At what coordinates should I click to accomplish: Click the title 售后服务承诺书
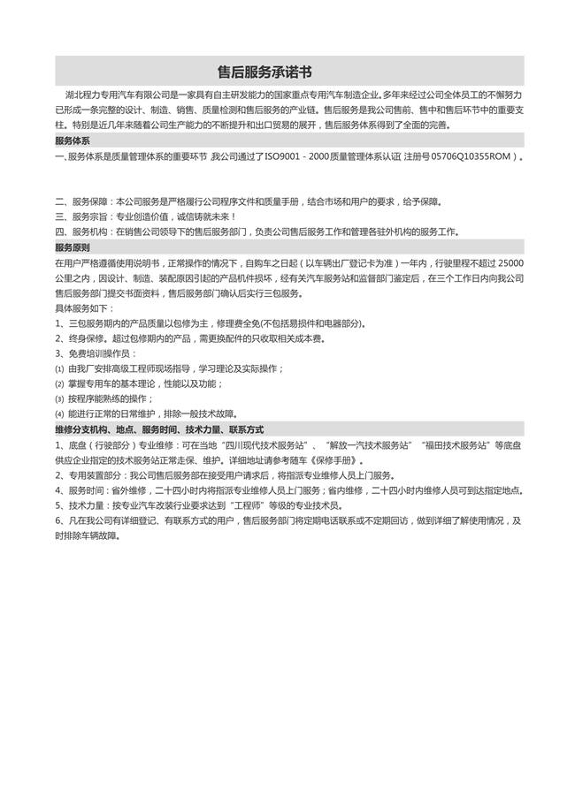(x=264, y=72)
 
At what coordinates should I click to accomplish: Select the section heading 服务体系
(x=72, y=140)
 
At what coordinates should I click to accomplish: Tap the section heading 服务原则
(x=72, y=248)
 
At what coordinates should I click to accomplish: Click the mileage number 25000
(x=511, y=263)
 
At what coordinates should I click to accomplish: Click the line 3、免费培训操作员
(x=96, y=353)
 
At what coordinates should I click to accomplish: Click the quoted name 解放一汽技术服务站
(x=370, y=445)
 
